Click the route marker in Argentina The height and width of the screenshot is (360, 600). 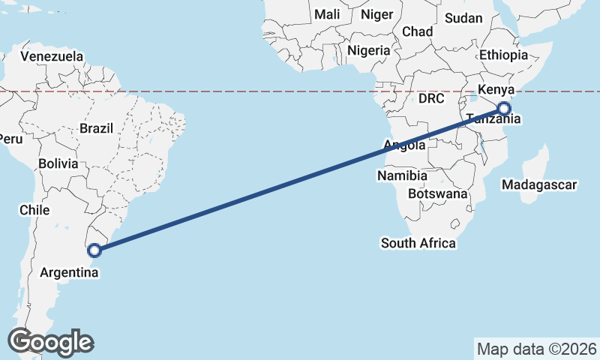(94, 250)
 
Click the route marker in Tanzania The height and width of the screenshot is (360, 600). (503, 109)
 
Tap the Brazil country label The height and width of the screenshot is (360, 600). (96, 128)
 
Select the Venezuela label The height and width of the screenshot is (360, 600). (52, 57)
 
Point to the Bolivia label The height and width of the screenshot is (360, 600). (58, 163)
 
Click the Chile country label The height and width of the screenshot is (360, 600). (34, 210)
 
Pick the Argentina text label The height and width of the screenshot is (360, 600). (70, 273)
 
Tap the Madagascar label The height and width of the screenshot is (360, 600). (539, 184)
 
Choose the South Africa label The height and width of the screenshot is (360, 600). (418, 243)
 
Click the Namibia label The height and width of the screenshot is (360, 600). (402, 175)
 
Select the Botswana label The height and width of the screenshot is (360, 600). (437, 193)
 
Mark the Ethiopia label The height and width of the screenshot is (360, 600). (504, 55)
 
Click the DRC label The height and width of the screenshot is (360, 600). (432, 98)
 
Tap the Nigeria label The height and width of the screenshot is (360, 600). (369, 51)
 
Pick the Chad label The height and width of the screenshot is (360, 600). (418, 31)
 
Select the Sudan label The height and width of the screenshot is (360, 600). (463, 18)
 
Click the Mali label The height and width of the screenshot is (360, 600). (327, 14)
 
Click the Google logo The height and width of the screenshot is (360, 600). (51, 342)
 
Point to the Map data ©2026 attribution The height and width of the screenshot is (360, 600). (536, 349)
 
